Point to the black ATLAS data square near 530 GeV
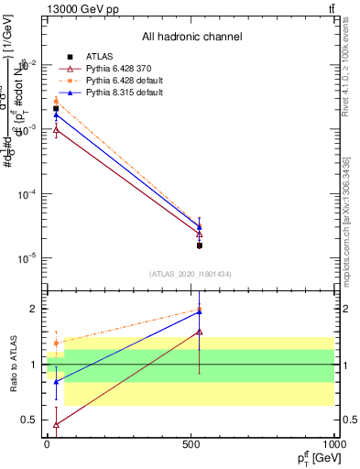tap(200, 245)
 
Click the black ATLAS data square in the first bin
tap(56, 109)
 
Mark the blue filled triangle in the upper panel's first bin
tap(56, 115)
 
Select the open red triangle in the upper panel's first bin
tap(56, 130)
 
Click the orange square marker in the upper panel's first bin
tap(56, 101)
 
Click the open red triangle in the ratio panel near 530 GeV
tap(200, 332)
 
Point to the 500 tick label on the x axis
tap(191, 444)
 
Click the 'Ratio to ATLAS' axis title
tap(13, 365)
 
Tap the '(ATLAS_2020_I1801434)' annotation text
tap(191, 274)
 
